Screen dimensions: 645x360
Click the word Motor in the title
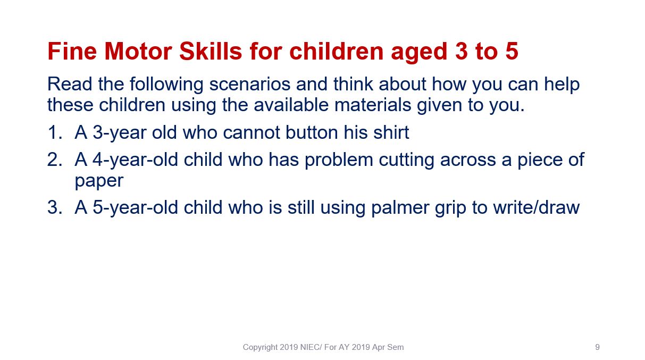(138, 52)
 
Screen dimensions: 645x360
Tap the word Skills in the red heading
(211, 52)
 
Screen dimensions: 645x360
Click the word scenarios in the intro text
(249, 84)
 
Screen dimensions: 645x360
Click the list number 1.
(55, 132)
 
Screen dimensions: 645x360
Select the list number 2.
(55, 160)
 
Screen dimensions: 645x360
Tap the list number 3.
(55, 207)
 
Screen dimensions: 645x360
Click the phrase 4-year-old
(135, 160)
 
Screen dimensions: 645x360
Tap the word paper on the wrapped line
(99, 181)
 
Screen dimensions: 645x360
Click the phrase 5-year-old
(135, 208)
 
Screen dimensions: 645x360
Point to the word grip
(450, 208)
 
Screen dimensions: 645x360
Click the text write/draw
(536, 207)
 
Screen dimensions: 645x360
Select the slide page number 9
(598, 347)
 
